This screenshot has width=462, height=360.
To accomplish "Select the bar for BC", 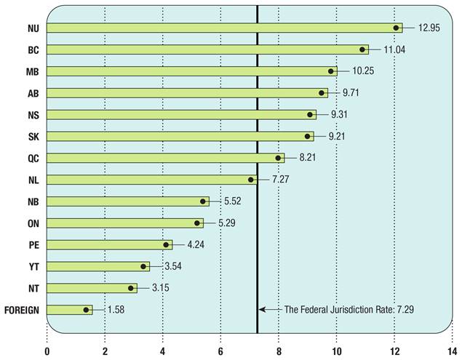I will coord(207,49).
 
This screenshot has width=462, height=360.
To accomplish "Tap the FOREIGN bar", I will coord(70,310).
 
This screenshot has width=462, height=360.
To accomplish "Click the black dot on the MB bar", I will coord(332,71).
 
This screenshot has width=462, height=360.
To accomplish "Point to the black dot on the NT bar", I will coord(131,288).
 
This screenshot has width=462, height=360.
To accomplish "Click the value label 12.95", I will coord(429,28).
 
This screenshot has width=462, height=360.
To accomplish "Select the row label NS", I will coord(33,114).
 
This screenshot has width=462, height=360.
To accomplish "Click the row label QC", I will coord(33,158).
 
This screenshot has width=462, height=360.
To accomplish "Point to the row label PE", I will coord(33,245).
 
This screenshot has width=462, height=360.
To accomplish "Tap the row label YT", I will coord(33,266).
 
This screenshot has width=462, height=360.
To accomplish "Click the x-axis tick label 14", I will coord(452,351).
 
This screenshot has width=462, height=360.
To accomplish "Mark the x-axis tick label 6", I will coord(220,351).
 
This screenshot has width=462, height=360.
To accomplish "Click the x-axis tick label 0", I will coord(47,351).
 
